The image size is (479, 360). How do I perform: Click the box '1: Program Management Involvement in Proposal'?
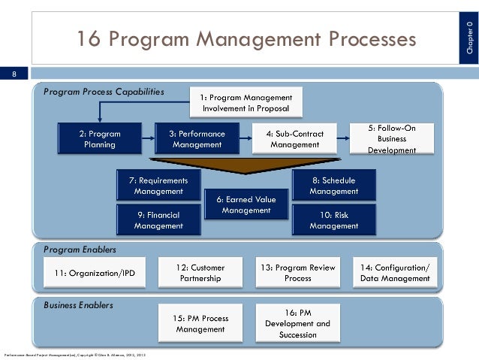[x=251, y=103]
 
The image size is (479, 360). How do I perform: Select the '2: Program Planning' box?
[x=99, y=139]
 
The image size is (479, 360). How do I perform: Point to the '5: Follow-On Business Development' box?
[x=393, y=139]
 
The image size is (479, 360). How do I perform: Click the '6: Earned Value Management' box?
[x=246, y=204]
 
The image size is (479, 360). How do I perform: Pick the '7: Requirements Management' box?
[x=158, y=186]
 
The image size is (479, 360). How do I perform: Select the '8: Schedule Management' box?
[x=333, y=186]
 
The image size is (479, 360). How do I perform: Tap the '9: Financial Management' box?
[x=158, y=219]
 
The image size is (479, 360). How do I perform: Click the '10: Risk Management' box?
[x=333, y=219]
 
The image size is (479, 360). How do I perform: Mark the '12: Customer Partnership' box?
[x=200, y=273]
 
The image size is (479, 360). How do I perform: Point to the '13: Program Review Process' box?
[x=297, y=273]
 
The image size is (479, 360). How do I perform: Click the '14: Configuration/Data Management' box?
[x=395, y=273]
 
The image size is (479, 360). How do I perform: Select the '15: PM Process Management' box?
[x=200, y=323]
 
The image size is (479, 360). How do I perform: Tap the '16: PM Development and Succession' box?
[x=297, y=323]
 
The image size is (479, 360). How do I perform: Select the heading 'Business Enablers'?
[x=78, y=305]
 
